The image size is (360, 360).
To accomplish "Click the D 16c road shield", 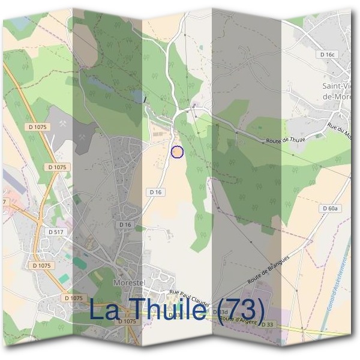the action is (x=327, y=54).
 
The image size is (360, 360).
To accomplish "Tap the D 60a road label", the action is (x=329, y=208).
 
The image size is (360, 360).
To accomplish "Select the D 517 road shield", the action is (x=55, y=231).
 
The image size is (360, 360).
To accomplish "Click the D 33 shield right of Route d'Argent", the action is (x=266, y=325).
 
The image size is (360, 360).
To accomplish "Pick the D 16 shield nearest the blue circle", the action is (x=155, y=191).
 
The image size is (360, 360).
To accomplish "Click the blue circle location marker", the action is (x=176, y=152).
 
